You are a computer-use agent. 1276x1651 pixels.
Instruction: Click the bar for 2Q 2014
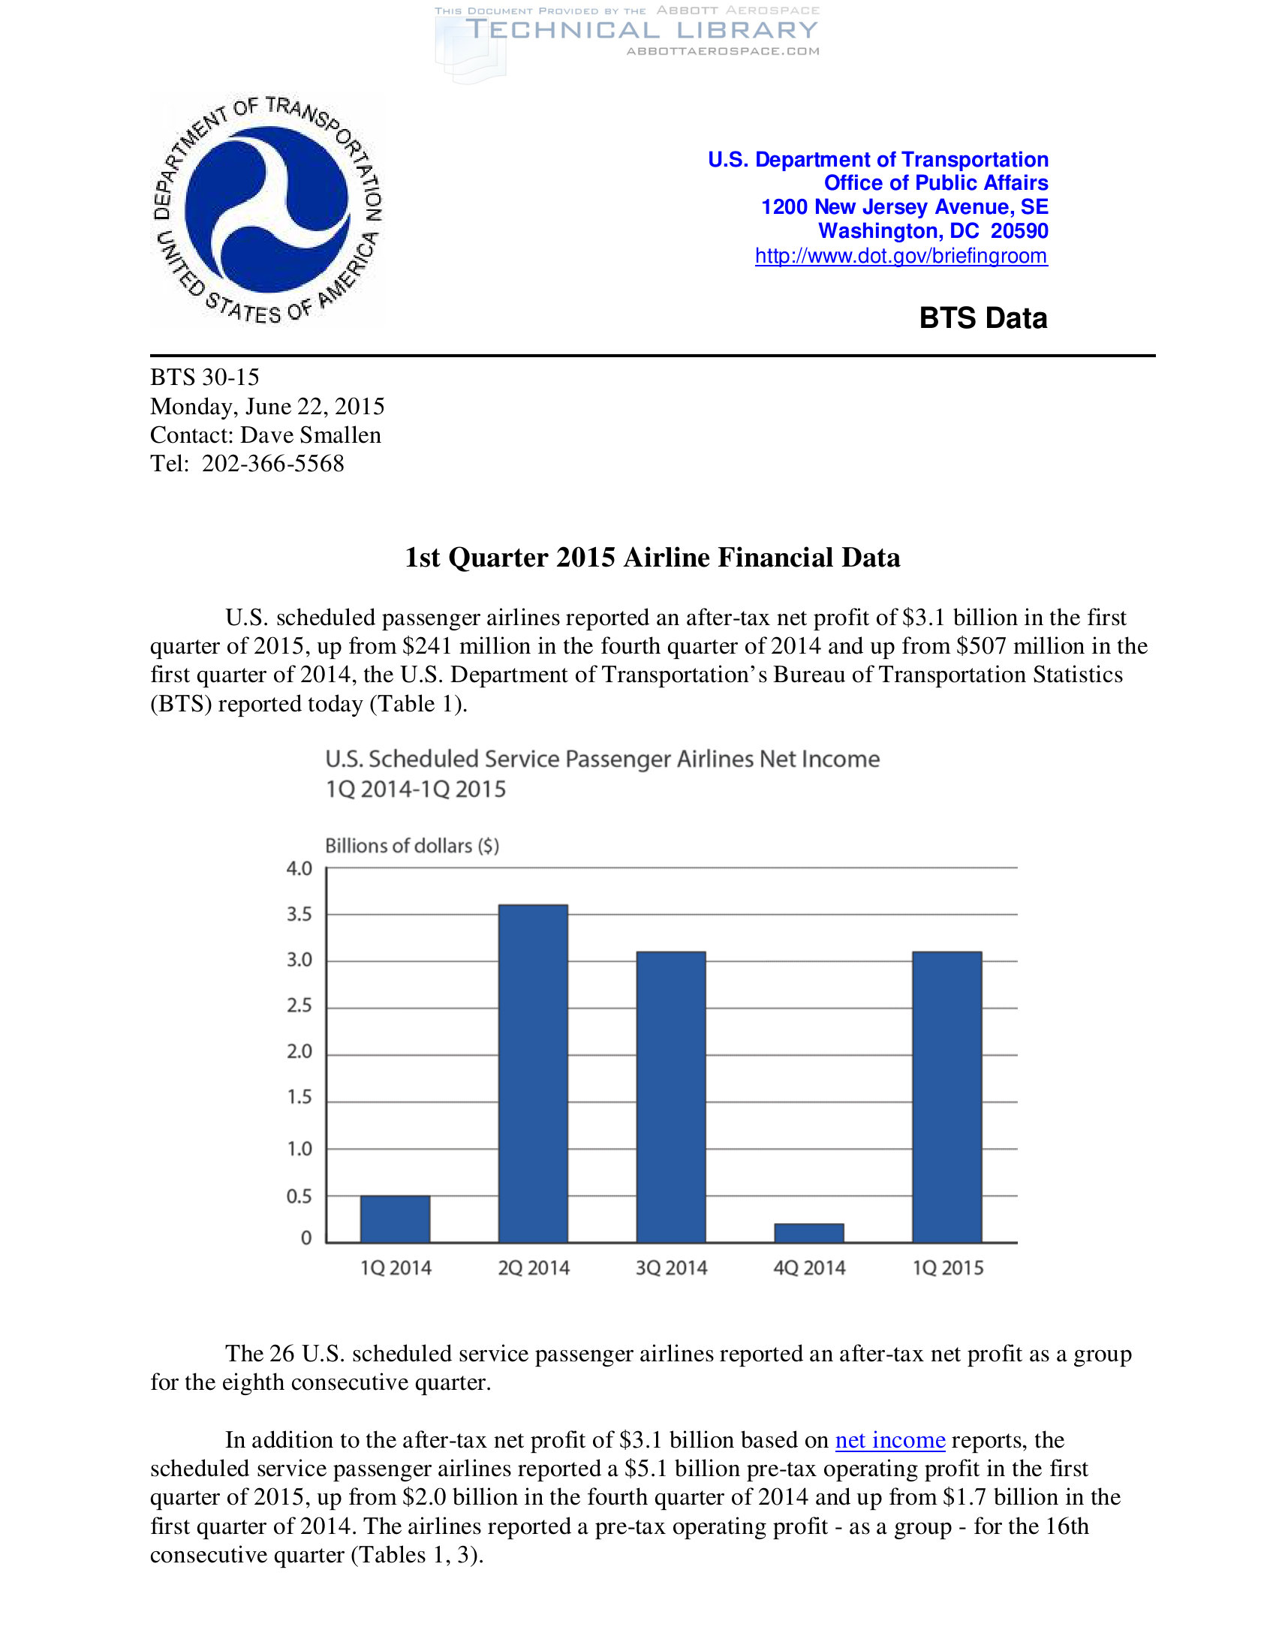tap(533, 1073)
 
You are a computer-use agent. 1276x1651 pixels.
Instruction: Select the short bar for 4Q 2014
tap(809, 1233)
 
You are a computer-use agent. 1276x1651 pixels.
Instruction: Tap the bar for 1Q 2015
tap(947, 1096)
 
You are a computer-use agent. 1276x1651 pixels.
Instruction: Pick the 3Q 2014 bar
tap(671, 1096)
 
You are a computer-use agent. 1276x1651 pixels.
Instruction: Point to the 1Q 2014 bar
tap(395, 1219)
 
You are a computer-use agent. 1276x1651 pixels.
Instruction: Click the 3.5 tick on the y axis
tap(299, 915)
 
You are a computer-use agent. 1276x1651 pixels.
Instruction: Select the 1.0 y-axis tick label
tap(299, 1149)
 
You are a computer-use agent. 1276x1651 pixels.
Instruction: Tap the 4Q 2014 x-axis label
tap(809, 1268)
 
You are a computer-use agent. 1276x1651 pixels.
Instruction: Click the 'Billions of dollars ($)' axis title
tap(412, 845)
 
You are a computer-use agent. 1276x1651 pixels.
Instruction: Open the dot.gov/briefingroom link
tap(901, 256)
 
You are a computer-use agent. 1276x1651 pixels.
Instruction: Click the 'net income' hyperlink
tap(889, 1440)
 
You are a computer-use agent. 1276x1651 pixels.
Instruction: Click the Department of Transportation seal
tap(268, 209)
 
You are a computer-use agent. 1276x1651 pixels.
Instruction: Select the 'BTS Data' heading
tap(983, 318)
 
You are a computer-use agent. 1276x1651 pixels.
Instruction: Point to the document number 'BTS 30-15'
tap(205, 377)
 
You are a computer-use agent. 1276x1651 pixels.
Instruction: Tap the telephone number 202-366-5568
tap(273, 463)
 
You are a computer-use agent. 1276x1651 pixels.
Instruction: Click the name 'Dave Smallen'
tap(311, 435)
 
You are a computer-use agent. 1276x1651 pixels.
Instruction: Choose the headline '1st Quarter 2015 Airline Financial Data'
tap(652, 558)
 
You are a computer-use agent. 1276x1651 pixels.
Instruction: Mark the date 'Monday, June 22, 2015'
tap(267, 407)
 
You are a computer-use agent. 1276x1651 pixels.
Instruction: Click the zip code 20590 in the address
tap(1019, 231)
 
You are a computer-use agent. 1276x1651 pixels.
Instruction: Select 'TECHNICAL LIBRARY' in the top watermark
tap(642, 30)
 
